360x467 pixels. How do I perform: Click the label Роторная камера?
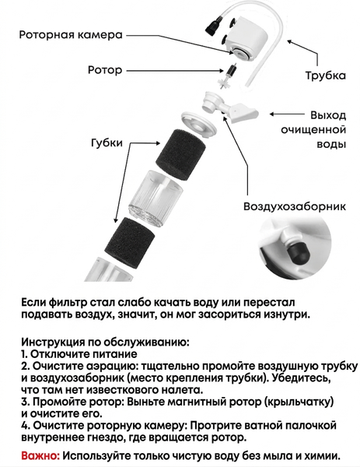[71, 34]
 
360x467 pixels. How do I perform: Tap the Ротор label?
[105, 70]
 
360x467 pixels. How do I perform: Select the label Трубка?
[326, 75]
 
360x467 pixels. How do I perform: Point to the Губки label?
[107, 142]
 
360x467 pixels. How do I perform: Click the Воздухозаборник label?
[295, 206]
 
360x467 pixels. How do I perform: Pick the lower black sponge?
[130, 243]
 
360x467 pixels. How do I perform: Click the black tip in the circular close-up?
[299, 252]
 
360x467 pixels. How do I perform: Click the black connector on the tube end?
[213, 26]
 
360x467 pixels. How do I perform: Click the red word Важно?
[40, 455]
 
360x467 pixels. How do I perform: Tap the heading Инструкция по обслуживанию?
[105, 342]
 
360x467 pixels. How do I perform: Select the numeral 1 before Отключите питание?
[24, 354]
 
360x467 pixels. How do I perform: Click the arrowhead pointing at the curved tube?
[290, 42]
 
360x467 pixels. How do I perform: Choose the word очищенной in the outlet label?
[313, 130]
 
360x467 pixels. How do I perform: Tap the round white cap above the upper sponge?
[198, 124]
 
